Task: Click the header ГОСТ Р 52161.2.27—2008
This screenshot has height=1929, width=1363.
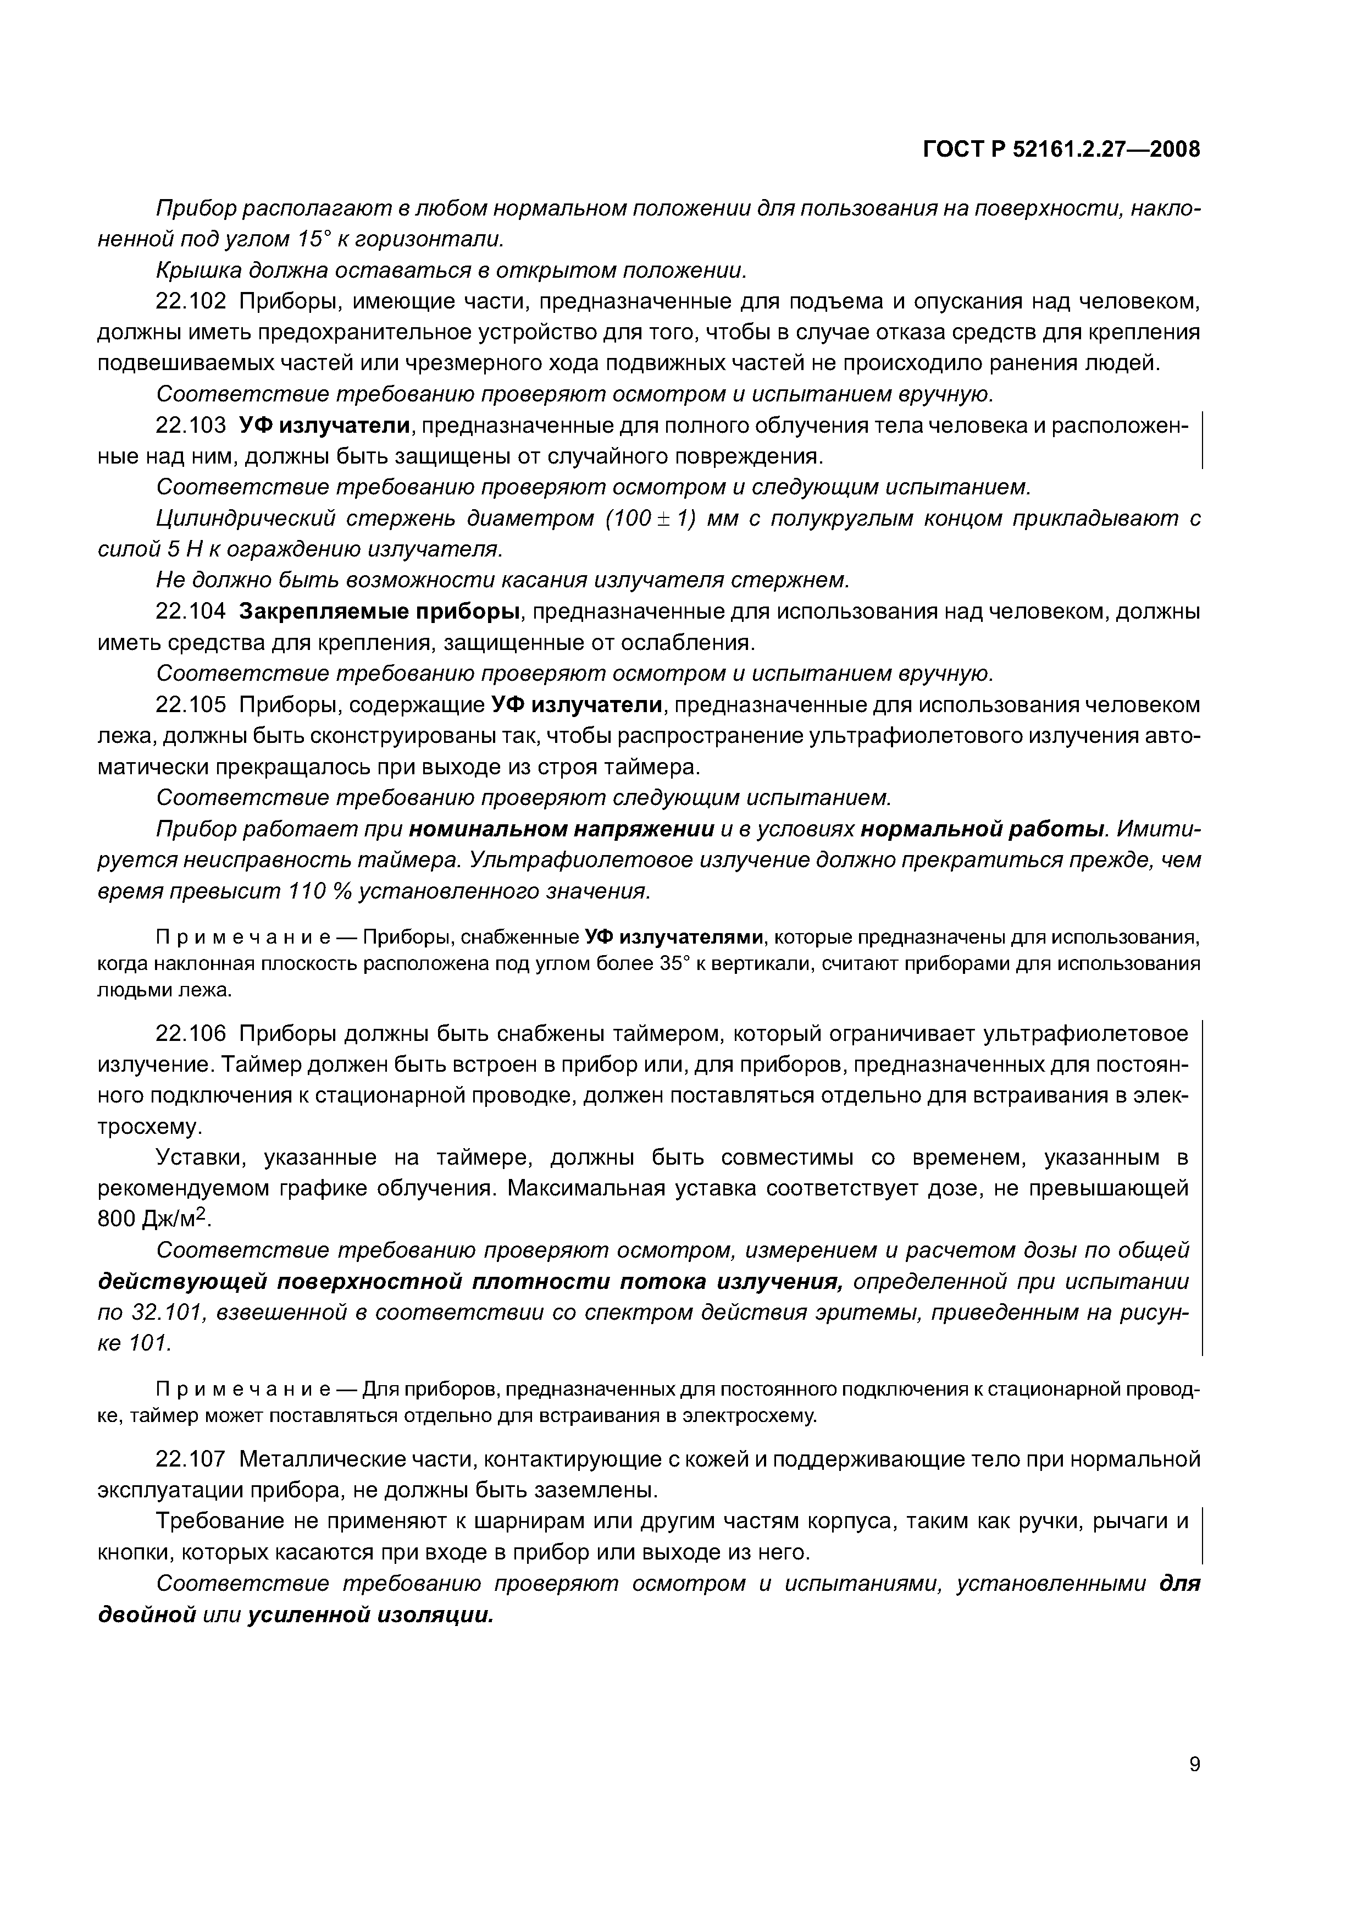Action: coord(1061,150)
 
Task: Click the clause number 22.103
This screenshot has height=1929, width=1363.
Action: coord(191,426)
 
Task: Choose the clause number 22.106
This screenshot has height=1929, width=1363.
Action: coord(191,1033)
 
